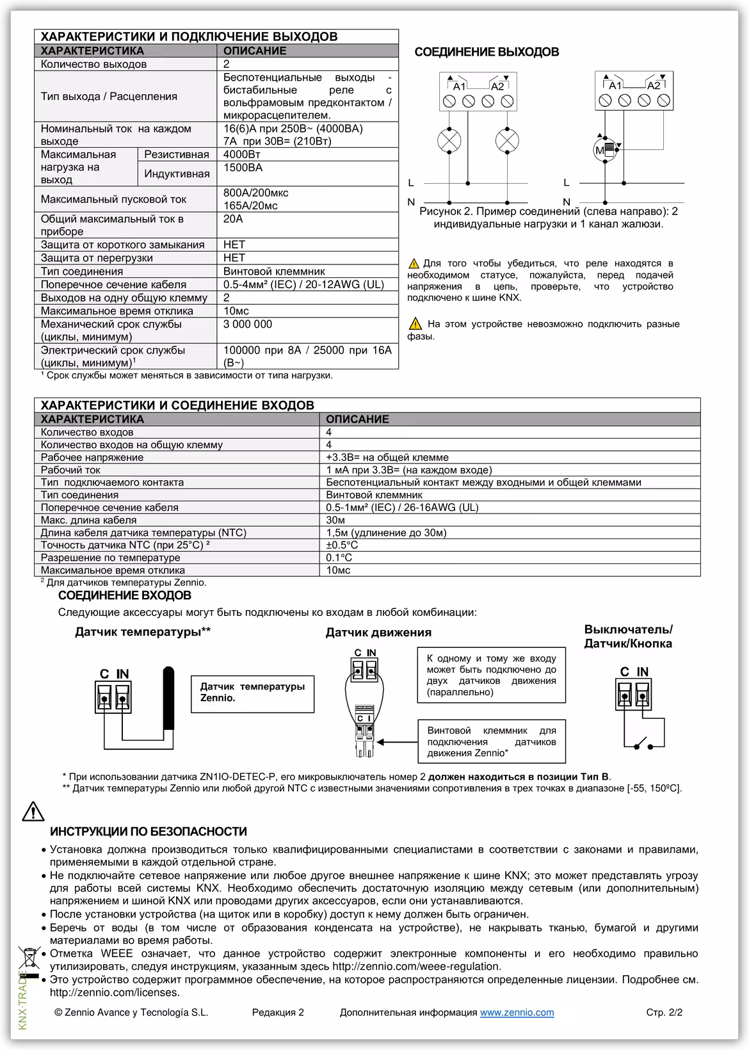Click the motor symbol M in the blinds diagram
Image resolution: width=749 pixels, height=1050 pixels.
click(x=605, y=150)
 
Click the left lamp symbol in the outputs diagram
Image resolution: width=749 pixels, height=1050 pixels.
click(x=449, y=140)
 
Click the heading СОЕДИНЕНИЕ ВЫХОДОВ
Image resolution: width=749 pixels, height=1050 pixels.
click(x=487, y=52)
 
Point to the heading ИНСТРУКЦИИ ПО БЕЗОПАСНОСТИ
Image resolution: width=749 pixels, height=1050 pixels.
click(x=148, y=832)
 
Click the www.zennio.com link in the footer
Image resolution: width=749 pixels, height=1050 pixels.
click(x=517, y=1012)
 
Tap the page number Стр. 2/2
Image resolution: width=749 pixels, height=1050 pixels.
click(x=664, y=1012)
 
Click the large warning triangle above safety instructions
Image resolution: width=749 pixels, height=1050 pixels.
click(x=33, y=811)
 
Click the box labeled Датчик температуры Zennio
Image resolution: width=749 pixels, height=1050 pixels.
click(x=252, y=693)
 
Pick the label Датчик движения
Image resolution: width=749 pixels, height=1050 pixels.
click(x=378, y=633)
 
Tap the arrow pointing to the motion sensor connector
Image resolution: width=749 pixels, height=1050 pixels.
click(x=396, y=742)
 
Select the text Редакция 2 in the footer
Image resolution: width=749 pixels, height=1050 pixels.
click(x=278, y=1012)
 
